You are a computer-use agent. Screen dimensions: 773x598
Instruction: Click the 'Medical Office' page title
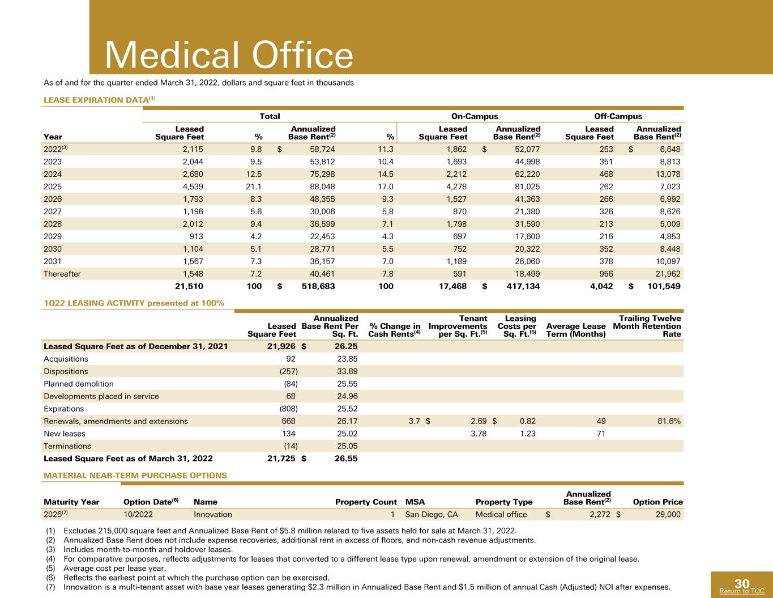coord(229,54)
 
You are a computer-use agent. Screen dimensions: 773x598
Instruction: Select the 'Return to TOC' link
coord(742,591)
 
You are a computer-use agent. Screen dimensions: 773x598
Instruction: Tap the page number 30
coord(742,583)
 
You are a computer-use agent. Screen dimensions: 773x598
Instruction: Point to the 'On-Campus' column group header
coord(475,116)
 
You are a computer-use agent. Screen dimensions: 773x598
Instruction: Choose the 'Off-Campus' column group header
coord(618,116)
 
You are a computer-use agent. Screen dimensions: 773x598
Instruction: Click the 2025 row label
coord(53,186)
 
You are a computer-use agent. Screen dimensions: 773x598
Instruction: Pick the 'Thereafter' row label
coord(62,274)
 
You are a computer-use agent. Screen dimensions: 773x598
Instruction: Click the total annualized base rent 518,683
coord(318,286)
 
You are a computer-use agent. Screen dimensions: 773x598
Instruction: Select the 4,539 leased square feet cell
coord(193,186)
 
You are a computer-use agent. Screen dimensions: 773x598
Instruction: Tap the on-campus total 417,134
coord(523,286)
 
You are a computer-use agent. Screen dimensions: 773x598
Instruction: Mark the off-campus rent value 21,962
coord(668,274)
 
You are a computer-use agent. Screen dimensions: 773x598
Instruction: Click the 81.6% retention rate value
coord(669,421)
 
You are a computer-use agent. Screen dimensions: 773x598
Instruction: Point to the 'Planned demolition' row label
coord(79,384)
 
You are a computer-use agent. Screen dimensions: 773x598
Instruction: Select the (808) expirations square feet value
coord(288,409)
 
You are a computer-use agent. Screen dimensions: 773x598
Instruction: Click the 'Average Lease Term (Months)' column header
coord(575,330)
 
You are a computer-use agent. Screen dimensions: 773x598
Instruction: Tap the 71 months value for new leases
coord(601,434)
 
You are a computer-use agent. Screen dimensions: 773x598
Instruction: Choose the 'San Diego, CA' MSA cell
coord(432,514)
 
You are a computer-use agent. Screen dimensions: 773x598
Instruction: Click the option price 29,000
coord(668,514)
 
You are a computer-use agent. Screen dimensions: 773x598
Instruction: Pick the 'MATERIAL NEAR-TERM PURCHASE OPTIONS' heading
coord(135,476)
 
